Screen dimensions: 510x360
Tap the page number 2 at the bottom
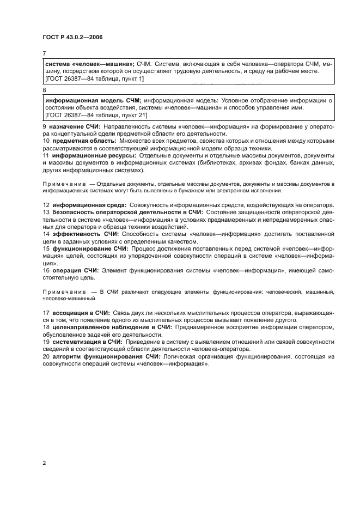click(x=44, y=463)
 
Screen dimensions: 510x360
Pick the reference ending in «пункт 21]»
click(x=96, y=115)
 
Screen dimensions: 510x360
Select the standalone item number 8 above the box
click(x=44, y=90)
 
